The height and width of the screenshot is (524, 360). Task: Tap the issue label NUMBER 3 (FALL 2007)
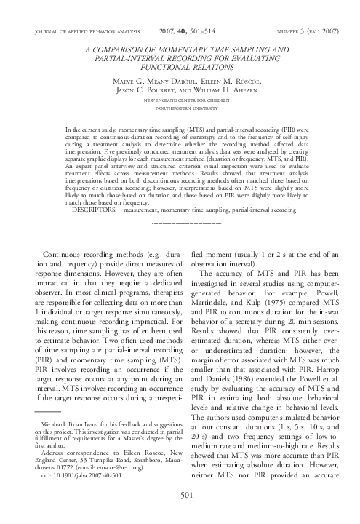(x=302, y=31)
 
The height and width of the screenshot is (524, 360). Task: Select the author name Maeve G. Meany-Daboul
(x=148, y=80)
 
